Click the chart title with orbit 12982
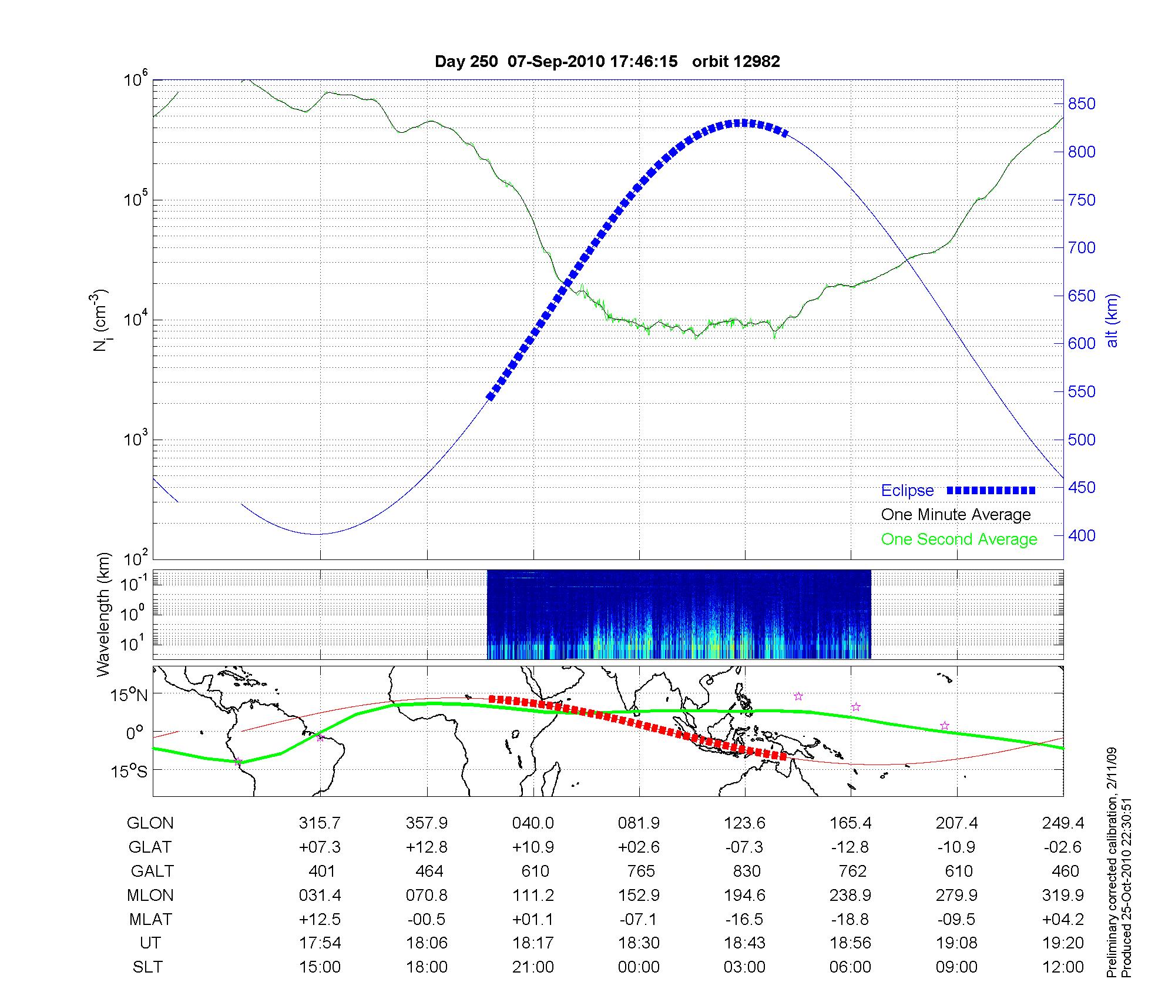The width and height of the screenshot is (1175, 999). point(607,61)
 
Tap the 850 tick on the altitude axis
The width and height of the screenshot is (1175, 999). point(1082,104)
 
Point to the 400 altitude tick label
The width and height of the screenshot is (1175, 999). point(1082,535)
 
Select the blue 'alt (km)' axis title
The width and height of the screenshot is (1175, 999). point(1112,321)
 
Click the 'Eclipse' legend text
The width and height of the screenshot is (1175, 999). point(907,491)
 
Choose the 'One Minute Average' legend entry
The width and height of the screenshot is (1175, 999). point(956,515)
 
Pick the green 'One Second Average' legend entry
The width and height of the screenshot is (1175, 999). point(959,539)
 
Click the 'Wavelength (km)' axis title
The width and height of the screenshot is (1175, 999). point(103,615)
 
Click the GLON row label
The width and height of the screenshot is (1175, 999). point(150,823)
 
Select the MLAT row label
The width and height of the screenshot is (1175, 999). point(150,919)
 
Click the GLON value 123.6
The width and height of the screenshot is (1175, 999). point(745,823)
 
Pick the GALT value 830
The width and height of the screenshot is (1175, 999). point(746,871)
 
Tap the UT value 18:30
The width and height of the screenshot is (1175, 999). point(639,943)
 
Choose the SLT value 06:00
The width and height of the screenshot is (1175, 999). point(851,967)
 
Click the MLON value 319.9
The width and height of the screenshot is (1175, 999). point(1063,895)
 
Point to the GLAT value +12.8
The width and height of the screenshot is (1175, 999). point(427,847)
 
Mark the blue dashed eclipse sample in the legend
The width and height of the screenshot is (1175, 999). point(991,490)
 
